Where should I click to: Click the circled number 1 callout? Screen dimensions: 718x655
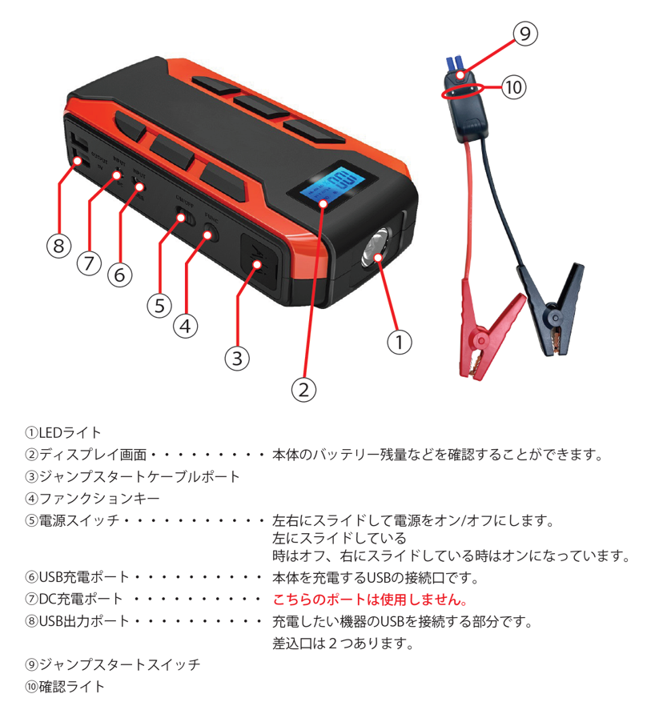click(400, 342)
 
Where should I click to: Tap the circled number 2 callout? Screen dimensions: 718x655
click(303, 390)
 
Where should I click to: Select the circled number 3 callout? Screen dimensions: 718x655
click(236, 357)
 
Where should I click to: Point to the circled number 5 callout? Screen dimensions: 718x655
click(159, 304)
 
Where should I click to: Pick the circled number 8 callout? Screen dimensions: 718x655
click(57, 246)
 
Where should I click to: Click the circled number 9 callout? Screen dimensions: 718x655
click(524, 33)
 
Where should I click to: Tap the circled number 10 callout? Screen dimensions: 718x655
click(513, 87)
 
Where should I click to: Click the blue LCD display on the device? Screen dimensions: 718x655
click(327, 187)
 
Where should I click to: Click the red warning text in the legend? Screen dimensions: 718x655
click(369, 600)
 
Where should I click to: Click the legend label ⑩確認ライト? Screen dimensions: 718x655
click(65, 686)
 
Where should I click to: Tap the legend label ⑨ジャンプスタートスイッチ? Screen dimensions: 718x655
click(113, 664)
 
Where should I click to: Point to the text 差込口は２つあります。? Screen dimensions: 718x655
click(344, 643)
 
